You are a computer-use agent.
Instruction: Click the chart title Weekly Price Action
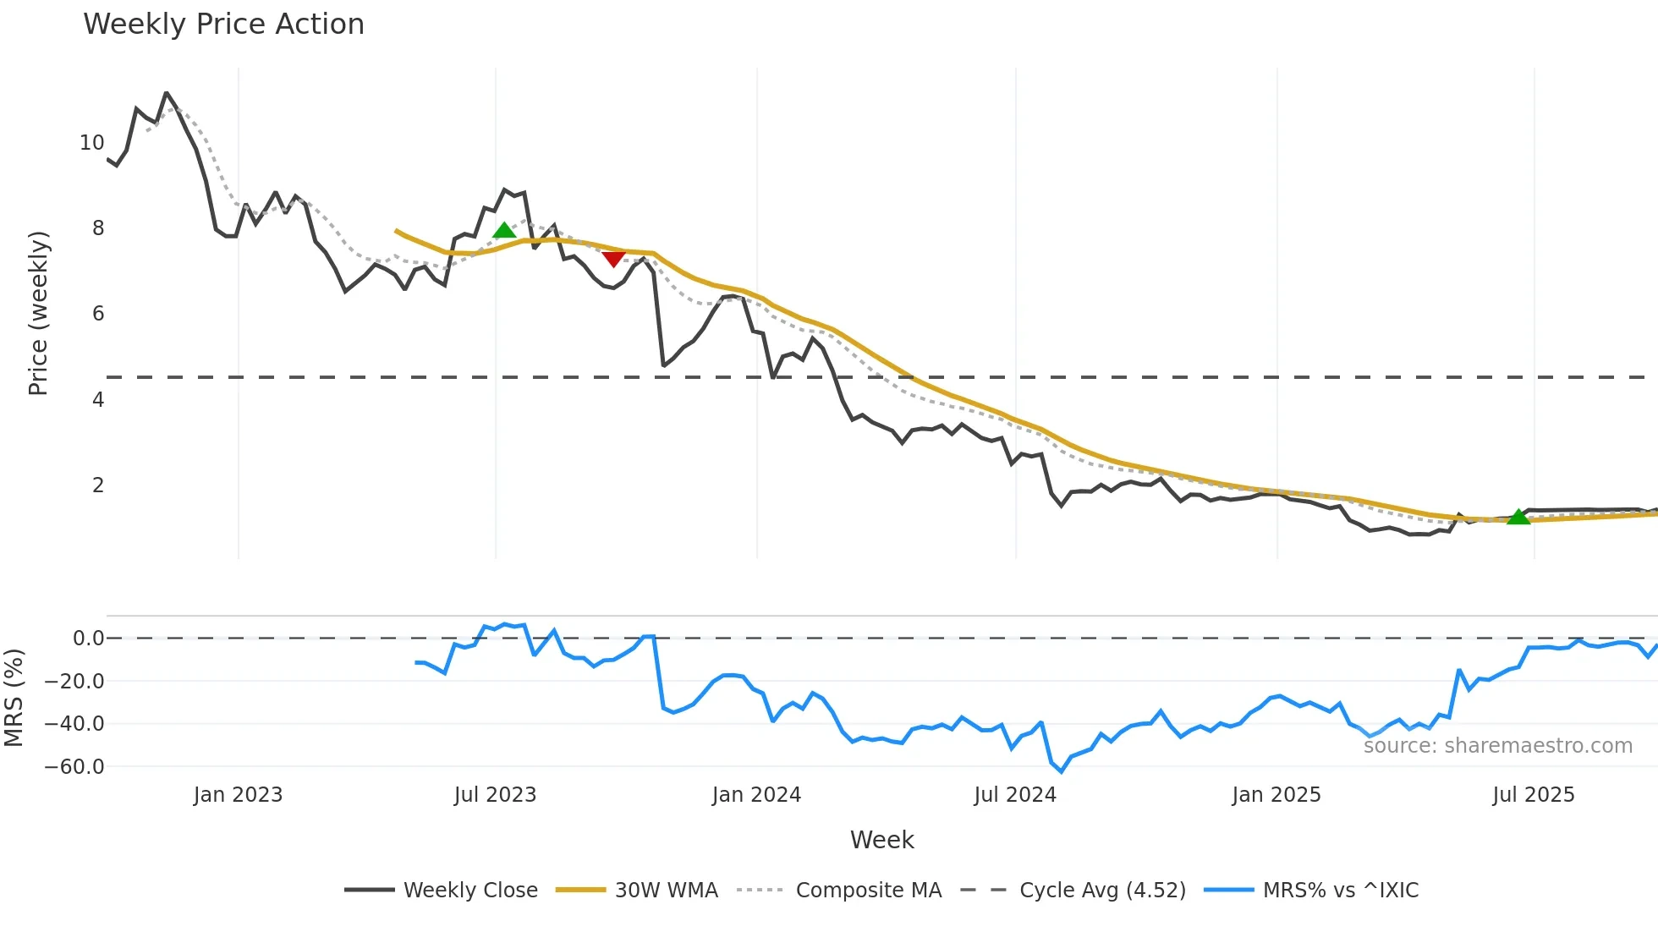[x=223, y=25]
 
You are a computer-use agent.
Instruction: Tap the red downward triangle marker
[x=613, y=259]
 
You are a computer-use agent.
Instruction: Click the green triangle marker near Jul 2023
[x=504, y=230]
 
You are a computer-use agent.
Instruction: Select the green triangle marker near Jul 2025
[x=1518, y=517]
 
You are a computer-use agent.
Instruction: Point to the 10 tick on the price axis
[x=91, y=143]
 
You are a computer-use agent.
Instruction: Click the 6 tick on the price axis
[x=98, y=314]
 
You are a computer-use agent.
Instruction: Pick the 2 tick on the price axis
[x=98, y=485]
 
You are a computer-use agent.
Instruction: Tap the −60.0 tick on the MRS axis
[x=74, y=767]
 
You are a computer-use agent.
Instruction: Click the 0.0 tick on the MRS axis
[x=88, y=639]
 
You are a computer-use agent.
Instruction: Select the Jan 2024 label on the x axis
[x=756, y=795]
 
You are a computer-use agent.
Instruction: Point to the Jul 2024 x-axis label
[x=1015, y=795]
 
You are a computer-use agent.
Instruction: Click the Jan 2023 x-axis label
[x=238, y=795]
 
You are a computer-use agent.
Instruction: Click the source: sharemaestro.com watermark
[x=1497, y=746]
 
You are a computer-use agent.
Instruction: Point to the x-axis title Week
[x=881, y=840]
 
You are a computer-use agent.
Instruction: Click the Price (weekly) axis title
[x=38, y=313]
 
